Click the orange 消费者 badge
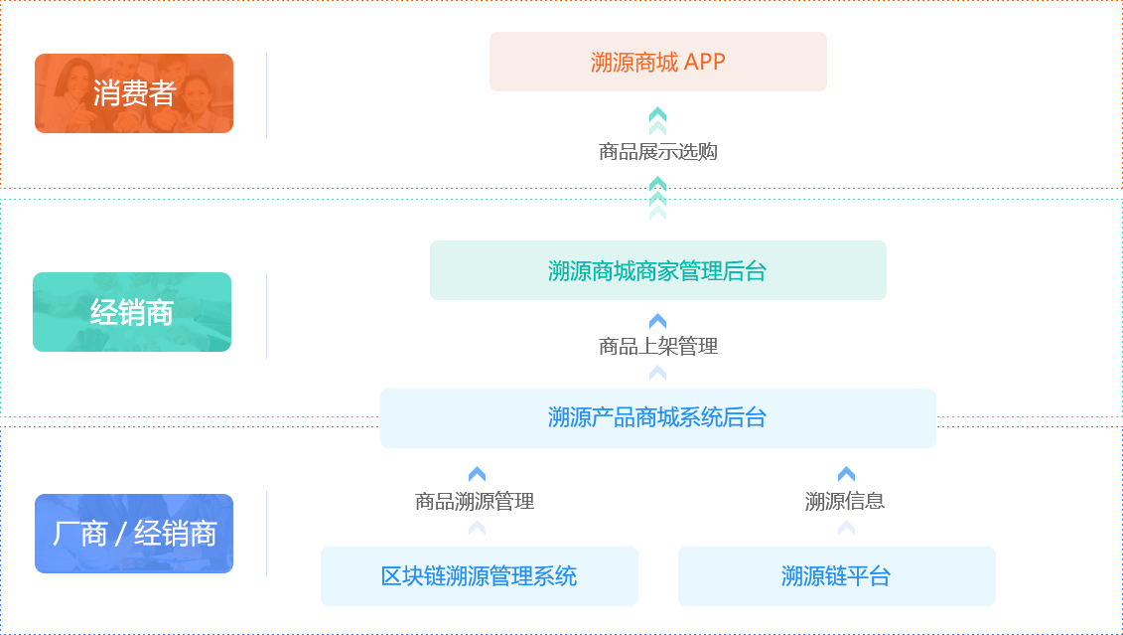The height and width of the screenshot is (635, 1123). [134, 93]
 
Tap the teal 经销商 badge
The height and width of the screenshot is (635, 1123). [132, 312]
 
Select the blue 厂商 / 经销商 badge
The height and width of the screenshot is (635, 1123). [134, 534]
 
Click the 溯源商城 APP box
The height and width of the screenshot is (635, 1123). [657, 62]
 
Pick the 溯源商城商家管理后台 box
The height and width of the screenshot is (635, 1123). [657, 270]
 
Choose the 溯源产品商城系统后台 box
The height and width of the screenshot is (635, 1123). [657, 417]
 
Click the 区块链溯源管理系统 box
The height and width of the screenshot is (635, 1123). [479, 575]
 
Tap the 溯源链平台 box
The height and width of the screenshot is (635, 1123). [836, 575]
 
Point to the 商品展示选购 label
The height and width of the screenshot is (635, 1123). [657, 152]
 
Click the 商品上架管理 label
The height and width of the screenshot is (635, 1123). [657, 346]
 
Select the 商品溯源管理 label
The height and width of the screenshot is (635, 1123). [475, 502]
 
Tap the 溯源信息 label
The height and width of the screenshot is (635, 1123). [845, 502]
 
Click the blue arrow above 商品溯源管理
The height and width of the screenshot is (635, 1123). [477, 475]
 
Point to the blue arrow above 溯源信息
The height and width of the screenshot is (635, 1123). [846, 475]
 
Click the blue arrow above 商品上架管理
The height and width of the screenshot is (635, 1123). [657, 321]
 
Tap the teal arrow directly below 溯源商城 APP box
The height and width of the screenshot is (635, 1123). [657, 114]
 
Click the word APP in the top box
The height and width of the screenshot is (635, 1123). [705, 62]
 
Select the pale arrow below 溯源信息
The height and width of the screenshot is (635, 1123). [846, 528]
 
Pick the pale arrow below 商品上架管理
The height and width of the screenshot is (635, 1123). [657, 373]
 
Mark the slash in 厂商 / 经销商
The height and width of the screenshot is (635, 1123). [120, 535]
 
